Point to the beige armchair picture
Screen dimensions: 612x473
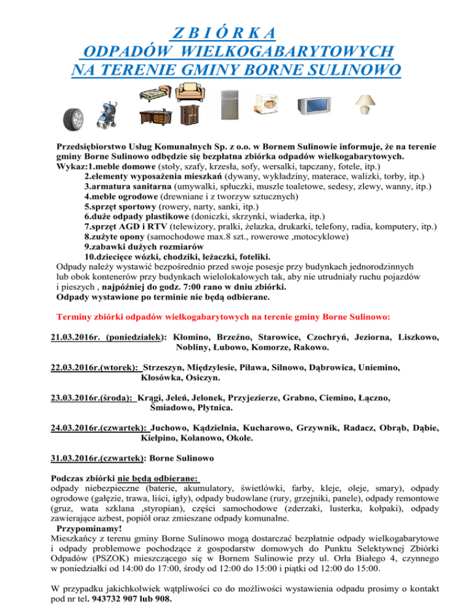coord(190,93)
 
